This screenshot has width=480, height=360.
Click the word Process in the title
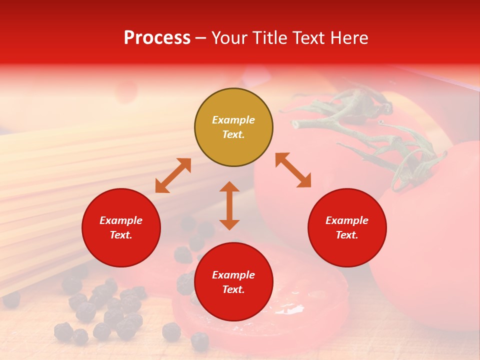tap(157, 38)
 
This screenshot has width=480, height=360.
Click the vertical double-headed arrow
tap(229, 205)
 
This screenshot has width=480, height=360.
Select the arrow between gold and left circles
tap(173, 175)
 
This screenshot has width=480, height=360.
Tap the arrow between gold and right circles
tap(293, 170)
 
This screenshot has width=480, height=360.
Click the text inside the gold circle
tap(233, 127)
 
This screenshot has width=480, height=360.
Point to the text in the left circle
tap(121, 227)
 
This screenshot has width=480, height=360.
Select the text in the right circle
tap(347, 227)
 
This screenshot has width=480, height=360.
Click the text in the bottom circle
tap(233, 282)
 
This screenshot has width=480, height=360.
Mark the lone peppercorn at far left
tap(11, 299)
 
